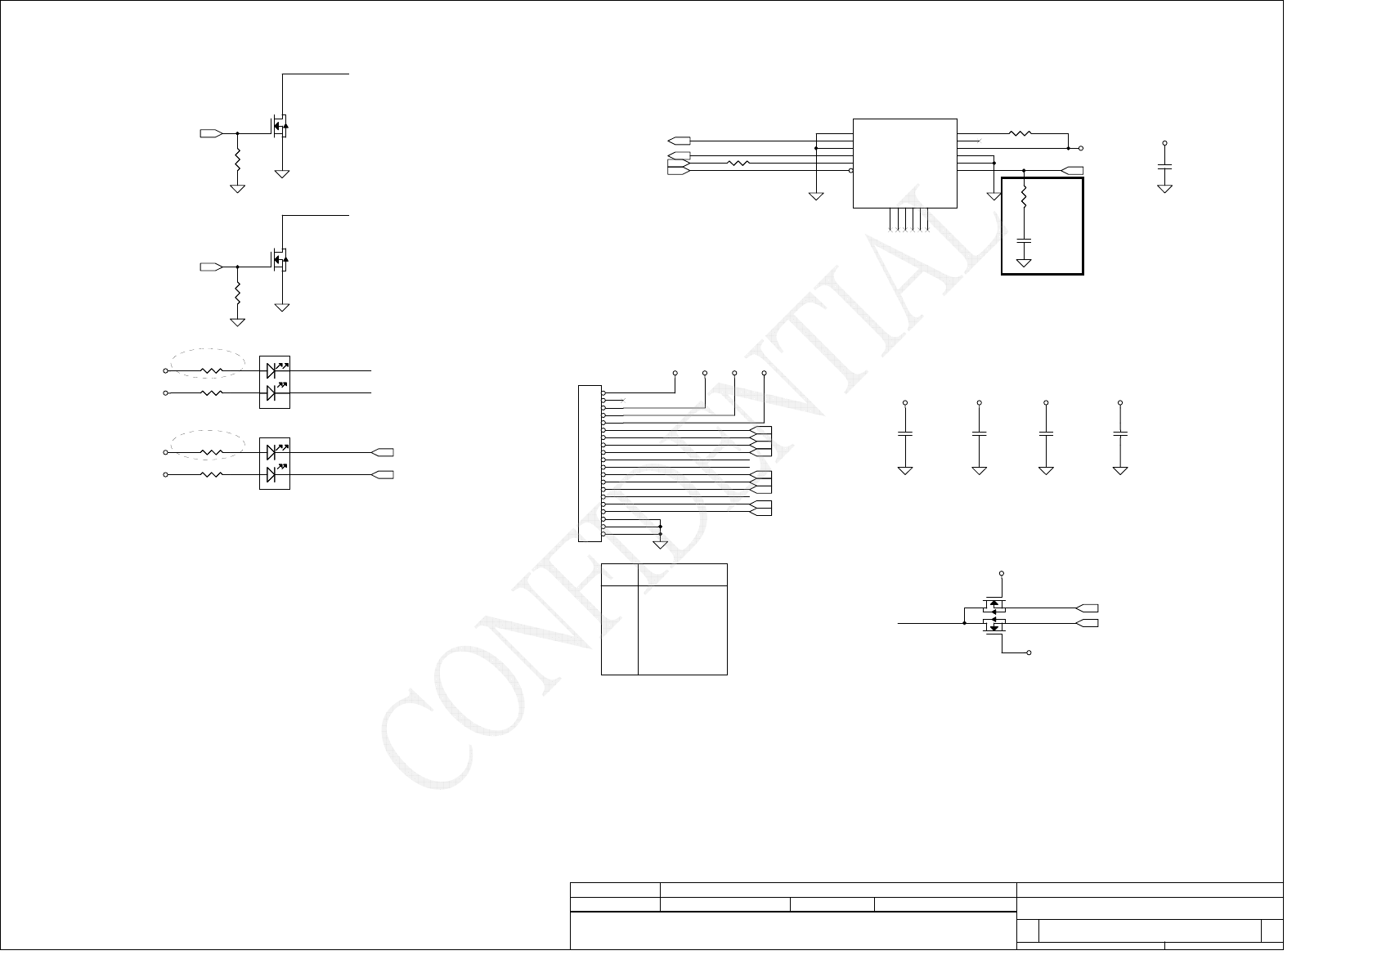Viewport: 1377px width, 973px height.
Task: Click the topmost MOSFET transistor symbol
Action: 280,127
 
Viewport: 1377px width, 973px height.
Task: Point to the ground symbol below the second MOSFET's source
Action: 283,307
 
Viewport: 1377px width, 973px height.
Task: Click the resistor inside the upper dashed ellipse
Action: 211,370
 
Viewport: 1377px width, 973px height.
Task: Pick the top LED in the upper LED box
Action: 273,370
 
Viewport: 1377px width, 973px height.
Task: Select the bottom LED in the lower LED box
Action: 273,474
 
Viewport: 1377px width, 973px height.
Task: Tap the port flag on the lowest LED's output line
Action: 383,474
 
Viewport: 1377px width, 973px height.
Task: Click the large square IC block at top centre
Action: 904,163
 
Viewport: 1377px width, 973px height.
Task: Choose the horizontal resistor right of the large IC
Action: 1020,133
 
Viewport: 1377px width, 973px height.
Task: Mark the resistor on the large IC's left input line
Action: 738,164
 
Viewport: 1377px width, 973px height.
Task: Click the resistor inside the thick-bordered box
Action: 1024,196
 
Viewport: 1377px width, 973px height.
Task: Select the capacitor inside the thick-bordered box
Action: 1024,240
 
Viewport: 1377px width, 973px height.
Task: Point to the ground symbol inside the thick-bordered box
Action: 1024,262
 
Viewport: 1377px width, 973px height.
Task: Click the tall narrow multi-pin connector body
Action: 589,463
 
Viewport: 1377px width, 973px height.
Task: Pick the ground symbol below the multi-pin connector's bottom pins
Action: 660,544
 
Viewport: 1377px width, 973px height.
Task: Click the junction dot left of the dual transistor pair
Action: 966,623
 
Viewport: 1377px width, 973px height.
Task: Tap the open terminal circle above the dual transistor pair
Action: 1002,573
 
